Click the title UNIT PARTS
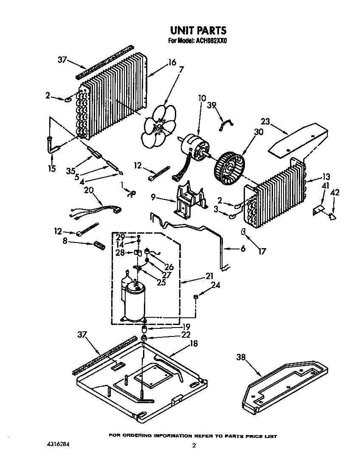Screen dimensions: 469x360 (198, 31)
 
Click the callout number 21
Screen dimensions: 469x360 (209, 276)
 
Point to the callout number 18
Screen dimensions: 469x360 (193, 344)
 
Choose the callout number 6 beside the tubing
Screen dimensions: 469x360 (243, 249)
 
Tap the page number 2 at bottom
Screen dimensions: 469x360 (194, 446)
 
